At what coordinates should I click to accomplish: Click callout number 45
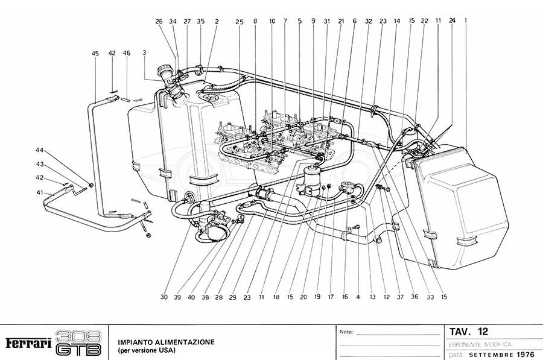click(x=95, y=54)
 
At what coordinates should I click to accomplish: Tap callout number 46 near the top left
click(x=127, y=54)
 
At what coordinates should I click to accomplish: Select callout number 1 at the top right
click(x=466, y=21)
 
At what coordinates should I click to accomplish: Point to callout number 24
click(x=452, y=21)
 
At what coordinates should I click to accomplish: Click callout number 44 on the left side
click(x=40, y=150)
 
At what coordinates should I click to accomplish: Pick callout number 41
click(x=40, y=192)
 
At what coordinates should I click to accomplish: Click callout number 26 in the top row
click(x=159, y=21)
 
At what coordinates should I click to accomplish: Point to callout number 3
click(x=144, y=54)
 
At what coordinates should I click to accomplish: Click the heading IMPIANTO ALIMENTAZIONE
click(x=167, y=341)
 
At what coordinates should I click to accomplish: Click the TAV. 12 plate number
click(x=469, y=332)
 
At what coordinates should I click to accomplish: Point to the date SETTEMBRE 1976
click(x=500, y=355)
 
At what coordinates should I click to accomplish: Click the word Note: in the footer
click(x=346, y=332)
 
